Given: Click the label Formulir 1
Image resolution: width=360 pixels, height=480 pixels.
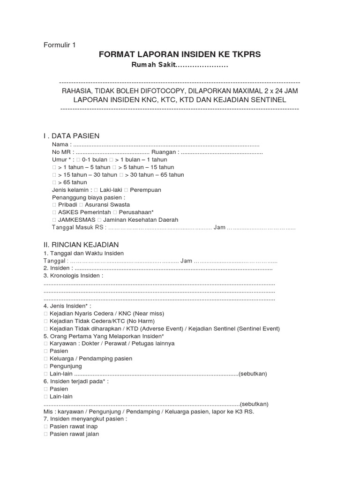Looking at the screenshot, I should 59,45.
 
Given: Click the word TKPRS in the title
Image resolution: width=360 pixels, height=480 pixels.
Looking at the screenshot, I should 246,55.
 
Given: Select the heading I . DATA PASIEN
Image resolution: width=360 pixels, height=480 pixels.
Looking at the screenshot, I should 71,136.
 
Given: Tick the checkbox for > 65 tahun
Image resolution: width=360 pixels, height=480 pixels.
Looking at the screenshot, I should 54,182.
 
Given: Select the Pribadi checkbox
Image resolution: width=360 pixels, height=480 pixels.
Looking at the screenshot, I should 54,205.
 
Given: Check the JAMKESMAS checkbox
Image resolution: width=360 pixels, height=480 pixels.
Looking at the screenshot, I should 54,220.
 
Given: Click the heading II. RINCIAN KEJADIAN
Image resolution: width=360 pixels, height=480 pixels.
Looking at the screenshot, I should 81,245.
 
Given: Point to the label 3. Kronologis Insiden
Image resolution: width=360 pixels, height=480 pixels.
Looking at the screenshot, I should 73,276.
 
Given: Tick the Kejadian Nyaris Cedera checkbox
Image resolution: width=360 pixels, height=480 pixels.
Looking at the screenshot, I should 45,314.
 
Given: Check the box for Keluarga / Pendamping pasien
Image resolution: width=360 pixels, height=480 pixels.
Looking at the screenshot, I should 45,359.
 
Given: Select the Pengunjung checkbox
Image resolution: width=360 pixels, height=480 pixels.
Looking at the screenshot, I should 45,366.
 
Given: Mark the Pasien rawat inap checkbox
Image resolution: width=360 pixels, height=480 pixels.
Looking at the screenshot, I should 45,427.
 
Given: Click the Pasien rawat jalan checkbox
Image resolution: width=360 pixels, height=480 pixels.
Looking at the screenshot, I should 45,434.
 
